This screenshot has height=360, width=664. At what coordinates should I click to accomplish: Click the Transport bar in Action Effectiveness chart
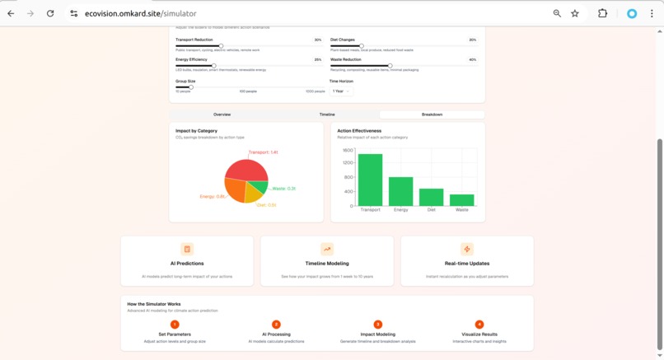pos(370,180)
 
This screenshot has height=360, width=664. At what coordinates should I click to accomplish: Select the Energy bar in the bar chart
pos(400,191)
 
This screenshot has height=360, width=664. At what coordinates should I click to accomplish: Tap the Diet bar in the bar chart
pos(431,197)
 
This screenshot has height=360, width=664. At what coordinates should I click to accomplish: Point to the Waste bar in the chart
pos(461,200)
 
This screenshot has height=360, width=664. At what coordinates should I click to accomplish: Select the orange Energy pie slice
pos(235,191)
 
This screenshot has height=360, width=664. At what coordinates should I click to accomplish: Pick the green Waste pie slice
pos(260,187)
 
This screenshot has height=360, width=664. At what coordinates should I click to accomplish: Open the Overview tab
pos(222,115)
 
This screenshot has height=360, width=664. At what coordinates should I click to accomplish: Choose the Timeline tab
pos(327,115)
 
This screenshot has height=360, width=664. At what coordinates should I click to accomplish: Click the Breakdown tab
pos(432,115)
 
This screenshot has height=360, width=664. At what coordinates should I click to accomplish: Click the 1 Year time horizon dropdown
pos(341,91)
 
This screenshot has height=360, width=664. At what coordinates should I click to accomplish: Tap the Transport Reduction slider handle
pos(221,46)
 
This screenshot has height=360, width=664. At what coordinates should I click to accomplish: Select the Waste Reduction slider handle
pos(390,66)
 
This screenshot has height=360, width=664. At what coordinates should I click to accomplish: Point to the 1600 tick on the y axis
pos(348,151)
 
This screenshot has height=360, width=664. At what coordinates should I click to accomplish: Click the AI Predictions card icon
pos(187,249)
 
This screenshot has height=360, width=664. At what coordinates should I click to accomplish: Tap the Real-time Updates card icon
pos(467,249)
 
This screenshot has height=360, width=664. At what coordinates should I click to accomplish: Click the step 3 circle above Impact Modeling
pos(378,325)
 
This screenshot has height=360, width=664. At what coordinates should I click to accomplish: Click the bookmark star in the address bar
pos(575,13)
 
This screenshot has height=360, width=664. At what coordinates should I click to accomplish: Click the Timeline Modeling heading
pos(327,264)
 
